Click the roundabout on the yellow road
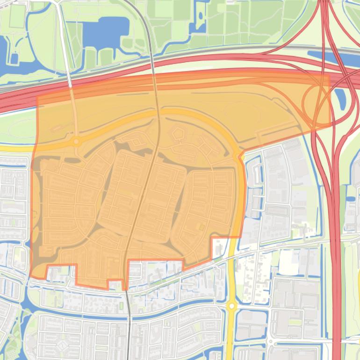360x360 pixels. point(231,306)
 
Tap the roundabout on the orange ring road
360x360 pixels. point(75,141)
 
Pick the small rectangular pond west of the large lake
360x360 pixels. point(14,58)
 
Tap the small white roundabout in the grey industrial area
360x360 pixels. point(271,341)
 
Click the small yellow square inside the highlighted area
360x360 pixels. point(202,227)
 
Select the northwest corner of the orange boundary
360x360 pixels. point(37,97)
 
